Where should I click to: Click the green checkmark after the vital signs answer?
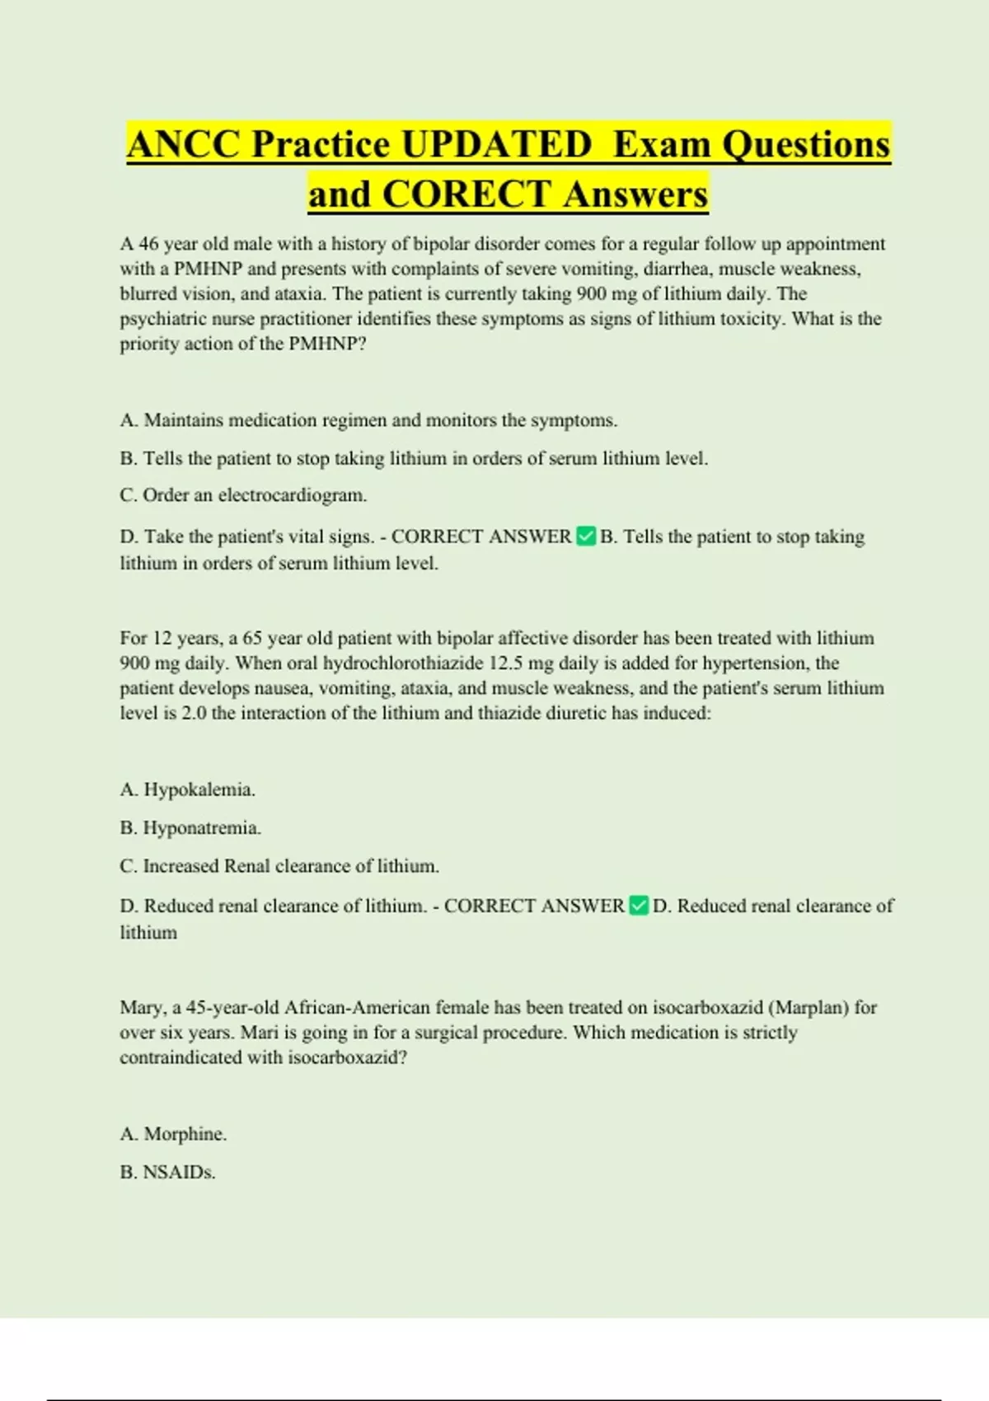[586, 537]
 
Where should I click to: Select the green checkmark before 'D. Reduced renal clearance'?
[639, 906]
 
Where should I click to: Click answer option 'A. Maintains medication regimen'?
[368, 420]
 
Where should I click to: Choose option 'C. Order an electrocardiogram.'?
[243, 495]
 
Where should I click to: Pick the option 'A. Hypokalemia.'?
[188, 790]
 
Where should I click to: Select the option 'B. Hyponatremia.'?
[190, 827]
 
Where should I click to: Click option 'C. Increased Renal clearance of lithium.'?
[279, 866]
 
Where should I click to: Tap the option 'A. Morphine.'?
[173, 1134]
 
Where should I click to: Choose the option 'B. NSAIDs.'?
[167, 1172]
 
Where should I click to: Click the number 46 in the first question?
[148, 244]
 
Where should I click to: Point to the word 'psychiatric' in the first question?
[162, 319]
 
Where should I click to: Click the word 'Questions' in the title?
[806, 144]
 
